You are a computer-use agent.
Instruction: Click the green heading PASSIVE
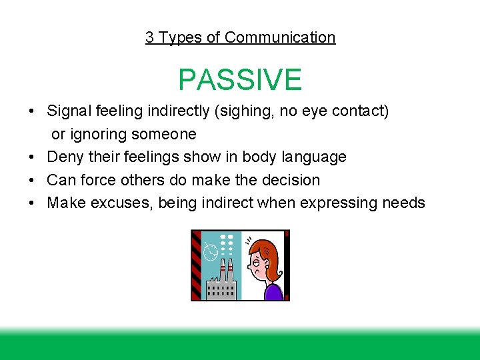point(240,80)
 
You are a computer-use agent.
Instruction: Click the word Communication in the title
point(280,37)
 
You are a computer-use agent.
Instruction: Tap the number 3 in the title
point(150,37)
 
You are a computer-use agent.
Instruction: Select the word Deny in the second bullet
point(64,157)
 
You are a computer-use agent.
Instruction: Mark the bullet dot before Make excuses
point(33,203)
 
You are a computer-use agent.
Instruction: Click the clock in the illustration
point(211,253)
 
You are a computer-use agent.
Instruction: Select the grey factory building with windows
point(221,287)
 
